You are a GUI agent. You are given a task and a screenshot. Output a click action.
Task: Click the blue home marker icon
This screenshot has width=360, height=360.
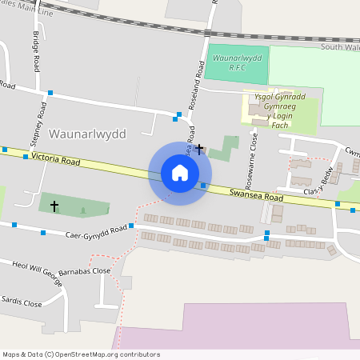tap(180, 173)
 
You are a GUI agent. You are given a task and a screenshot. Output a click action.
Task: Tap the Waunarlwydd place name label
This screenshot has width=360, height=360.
tap(87, 134)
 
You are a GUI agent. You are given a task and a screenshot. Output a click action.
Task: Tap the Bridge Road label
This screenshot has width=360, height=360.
tap(36, 52)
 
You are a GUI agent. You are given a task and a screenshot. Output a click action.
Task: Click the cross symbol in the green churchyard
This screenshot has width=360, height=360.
tap(54, 206)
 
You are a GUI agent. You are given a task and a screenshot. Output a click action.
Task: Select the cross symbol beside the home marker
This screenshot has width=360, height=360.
tap(199, 150)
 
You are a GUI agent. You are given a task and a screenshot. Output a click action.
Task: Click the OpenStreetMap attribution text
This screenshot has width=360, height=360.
tap(81, 354)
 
